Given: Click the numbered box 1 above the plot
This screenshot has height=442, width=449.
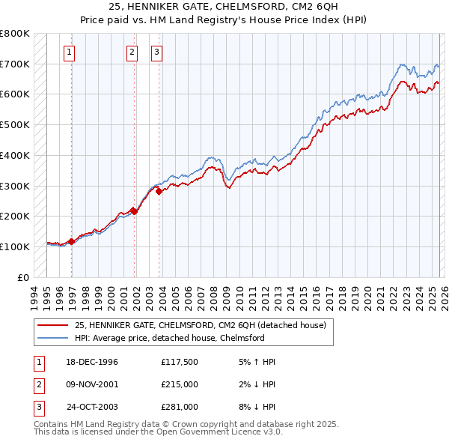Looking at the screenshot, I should coord(69,52).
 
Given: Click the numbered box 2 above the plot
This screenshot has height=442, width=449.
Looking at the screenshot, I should coord(132,52).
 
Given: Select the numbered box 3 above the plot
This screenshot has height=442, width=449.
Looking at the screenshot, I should coord(156,52).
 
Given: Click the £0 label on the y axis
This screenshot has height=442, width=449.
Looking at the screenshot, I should coord(23,277).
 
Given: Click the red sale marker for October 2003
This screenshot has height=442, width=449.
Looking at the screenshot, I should coord(159,192).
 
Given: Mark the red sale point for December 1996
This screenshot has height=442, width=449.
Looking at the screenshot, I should coord(72,241).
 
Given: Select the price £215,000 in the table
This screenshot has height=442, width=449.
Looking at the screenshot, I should coord(180,384).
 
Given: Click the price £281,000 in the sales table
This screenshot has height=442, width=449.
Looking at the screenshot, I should coord(180,407).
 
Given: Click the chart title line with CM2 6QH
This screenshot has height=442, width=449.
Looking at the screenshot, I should coord(224,7).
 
